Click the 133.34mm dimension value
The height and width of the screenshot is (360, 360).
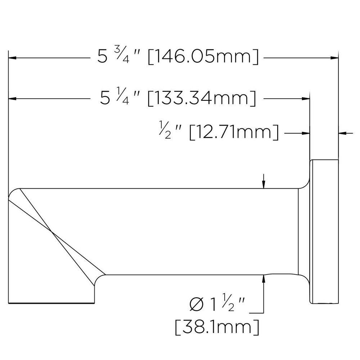click(202, 98)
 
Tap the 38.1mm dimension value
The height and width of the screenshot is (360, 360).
click(217, 327)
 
